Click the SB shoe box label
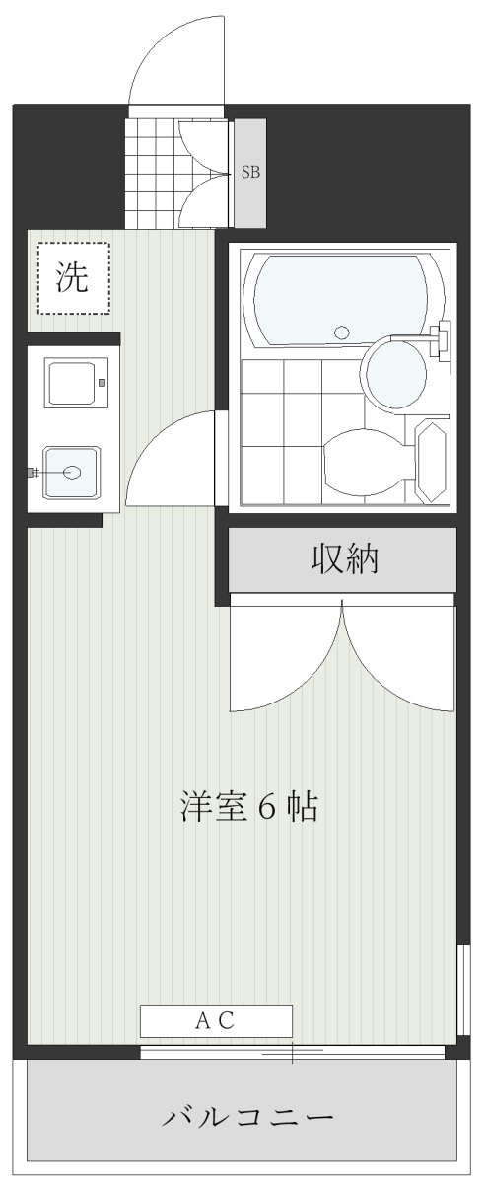coord(250,172)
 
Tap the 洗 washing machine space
coord(73,278)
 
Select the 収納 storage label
coord(344,558)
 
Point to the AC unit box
coord(216,1021)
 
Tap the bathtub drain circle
coord(342,332)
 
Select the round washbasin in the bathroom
coord(395,374)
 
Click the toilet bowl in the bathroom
coord(367,462)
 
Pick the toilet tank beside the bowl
coord(431,461)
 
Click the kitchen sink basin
coord(72,472)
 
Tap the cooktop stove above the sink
coord(77,383)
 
